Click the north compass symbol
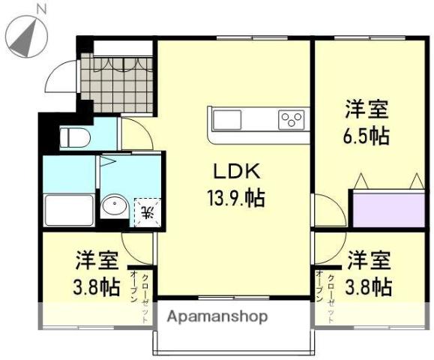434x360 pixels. point(24,34)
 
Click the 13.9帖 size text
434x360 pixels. point(235,199)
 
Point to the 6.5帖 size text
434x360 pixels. point(367,136)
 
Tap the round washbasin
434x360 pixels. point(114,205)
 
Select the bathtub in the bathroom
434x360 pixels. point(69,210)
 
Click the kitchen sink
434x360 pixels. point(228,119)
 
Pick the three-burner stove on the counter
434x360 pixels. point(291,119)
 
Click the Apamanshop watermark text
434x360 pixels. point(217,316)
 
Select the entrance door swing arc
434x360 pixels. point(60,75)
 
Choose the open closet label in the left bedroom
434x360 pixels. point(139,295)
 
